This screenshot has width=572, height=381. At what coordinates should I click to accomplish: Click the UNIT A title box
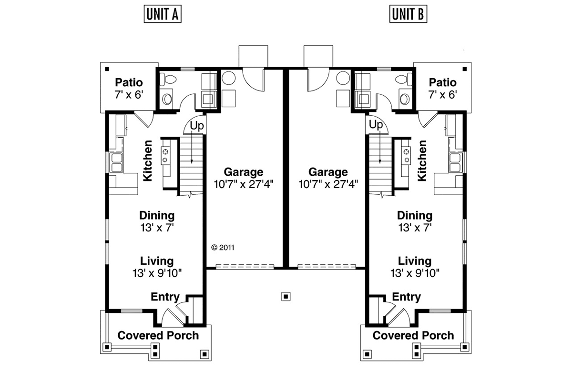pos(163,14)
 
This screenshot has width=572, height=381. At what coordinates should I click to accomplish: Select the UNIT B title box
pos(408,14)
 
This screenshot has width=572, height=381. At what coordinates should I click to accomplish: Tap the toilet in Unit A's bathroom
pos(168,79)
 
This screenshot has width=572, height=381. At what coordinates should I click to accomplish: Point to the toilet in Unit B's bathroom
pos(403,79)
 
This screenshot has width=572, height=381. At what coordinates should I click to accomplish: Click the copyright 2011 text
pos(223,248)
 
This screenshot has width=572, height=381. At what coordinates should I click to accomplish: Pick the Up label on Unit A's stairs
pos(197,126)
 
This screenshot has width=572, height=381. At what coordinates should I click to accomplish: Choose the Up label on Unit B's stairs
pos(376,125)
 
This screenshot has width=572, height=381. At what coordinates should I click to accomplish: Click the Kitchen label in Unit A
pos(148,160)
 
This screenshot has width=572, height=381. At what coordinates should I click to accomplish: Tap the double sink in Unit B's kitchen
pos(455,162)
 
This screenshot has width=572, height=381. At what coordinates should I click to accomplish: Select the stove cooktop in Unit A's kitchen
pos(165,156)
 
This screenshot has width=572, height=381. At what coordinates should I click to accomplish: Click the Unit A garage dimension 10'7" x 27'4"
pos(244,184)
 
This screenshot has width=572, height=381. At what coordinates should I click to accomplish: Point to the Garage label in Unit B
pos(328,172)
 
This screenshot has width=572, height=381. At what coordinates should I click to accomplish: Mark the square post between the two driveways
pos(286,297)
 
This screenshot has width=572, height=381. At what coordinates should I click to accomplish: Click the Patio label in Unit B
pos(442,82)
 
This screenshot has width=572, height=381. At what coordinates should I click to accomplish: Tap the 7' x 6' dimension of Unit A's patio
pos(129,95)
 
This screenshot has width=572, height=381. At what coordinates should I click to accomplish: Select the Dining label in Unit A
pos(157,216)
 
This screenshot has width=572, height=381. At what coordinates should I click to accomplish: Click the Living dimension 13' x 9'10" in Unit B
pos(415,273)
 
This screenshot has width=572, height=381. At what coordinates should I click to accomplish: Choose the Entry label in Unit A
pos(165,297)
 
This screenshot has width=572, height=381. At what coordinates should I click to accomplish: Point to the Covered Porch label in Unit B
pos(413,335)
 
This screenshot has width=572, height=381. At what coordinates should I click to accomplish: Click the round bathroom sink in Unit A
pos(167,99)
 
